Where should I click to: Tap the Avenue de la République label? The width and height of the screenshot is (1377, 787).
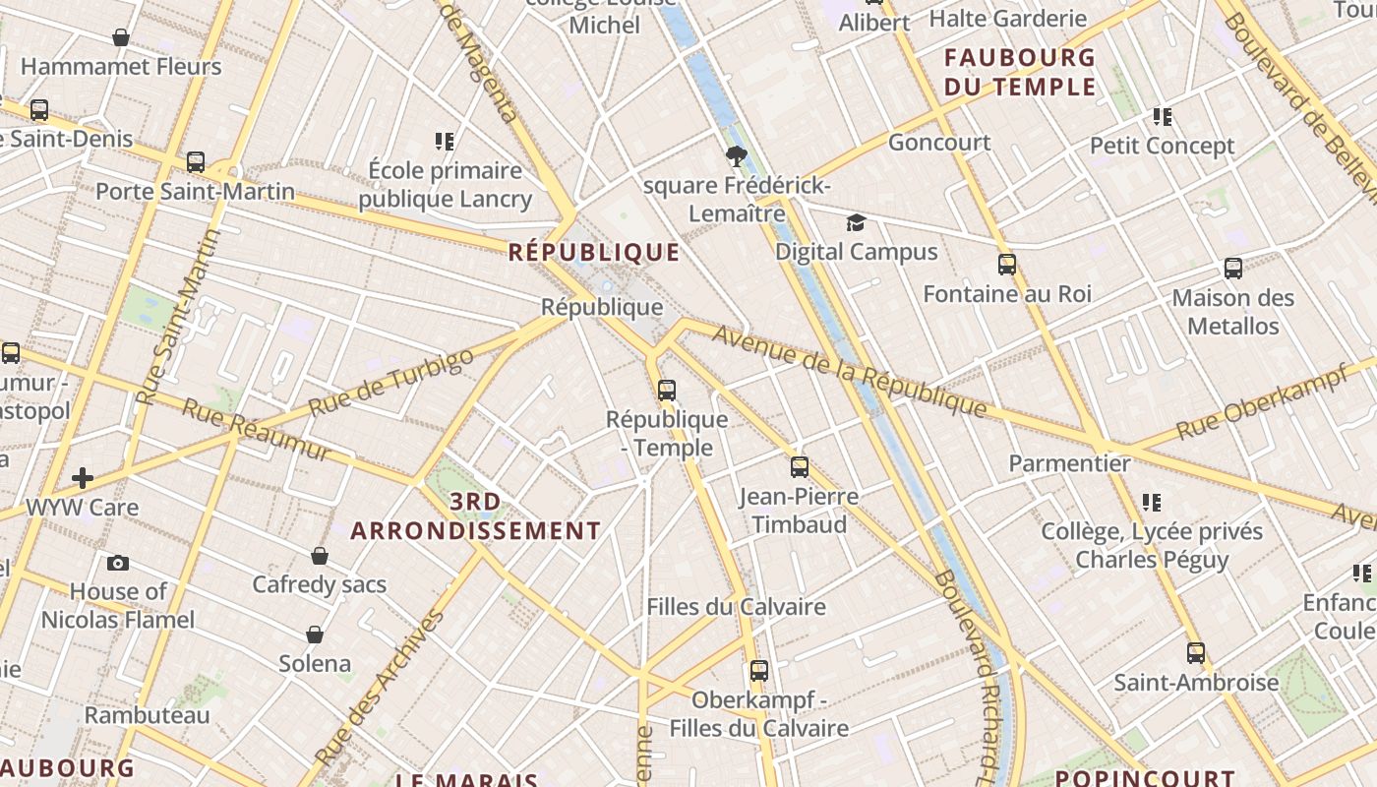[849, 371]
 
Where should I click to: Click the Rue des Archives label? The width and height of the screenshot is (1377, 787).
[380, 688]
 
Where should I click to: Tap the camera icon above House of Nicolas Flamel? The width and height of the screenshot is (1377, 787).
[118, 563]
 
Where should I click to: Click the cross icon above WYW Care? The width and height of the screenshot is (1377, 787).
[83, 479]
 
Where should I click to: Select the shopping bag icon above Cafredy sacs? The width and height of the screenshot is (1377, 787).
[320, 556]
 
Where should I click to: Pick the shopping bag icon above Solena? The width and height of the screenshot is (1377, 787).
[315, 635]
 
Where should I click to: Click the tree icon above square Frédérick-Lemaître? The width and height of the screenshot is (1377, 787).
[736, 155]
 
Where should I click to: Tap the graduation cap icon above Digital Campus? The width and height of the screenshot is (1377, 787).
[857, 223]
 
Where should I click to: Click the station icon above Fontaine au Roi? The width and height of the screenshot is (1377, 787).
[1007, 265]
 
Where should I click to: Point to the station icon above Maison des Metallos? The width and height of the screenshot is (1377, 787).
[1233, 268]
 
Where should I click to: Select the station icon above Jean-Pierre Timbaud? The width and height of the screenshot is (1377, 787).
[800, 467]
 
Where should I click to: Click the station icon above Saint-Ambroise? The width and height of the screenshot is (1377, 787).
[1196, 653]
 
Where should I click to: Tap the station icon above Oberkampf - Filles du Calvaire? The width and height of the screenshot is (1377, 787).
[759, 671]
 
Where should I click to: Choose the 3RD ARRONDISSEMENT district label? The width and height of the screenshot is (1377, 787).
[475, 516]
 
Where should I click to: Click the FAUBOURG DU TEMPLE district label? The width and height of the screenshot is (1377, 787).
[1019, 72]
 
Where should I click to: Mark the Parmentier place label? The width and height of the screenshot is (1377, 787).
[1070, 462]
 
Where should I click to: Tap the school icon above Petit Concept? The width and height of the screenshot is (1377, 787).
[1163, 117]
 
